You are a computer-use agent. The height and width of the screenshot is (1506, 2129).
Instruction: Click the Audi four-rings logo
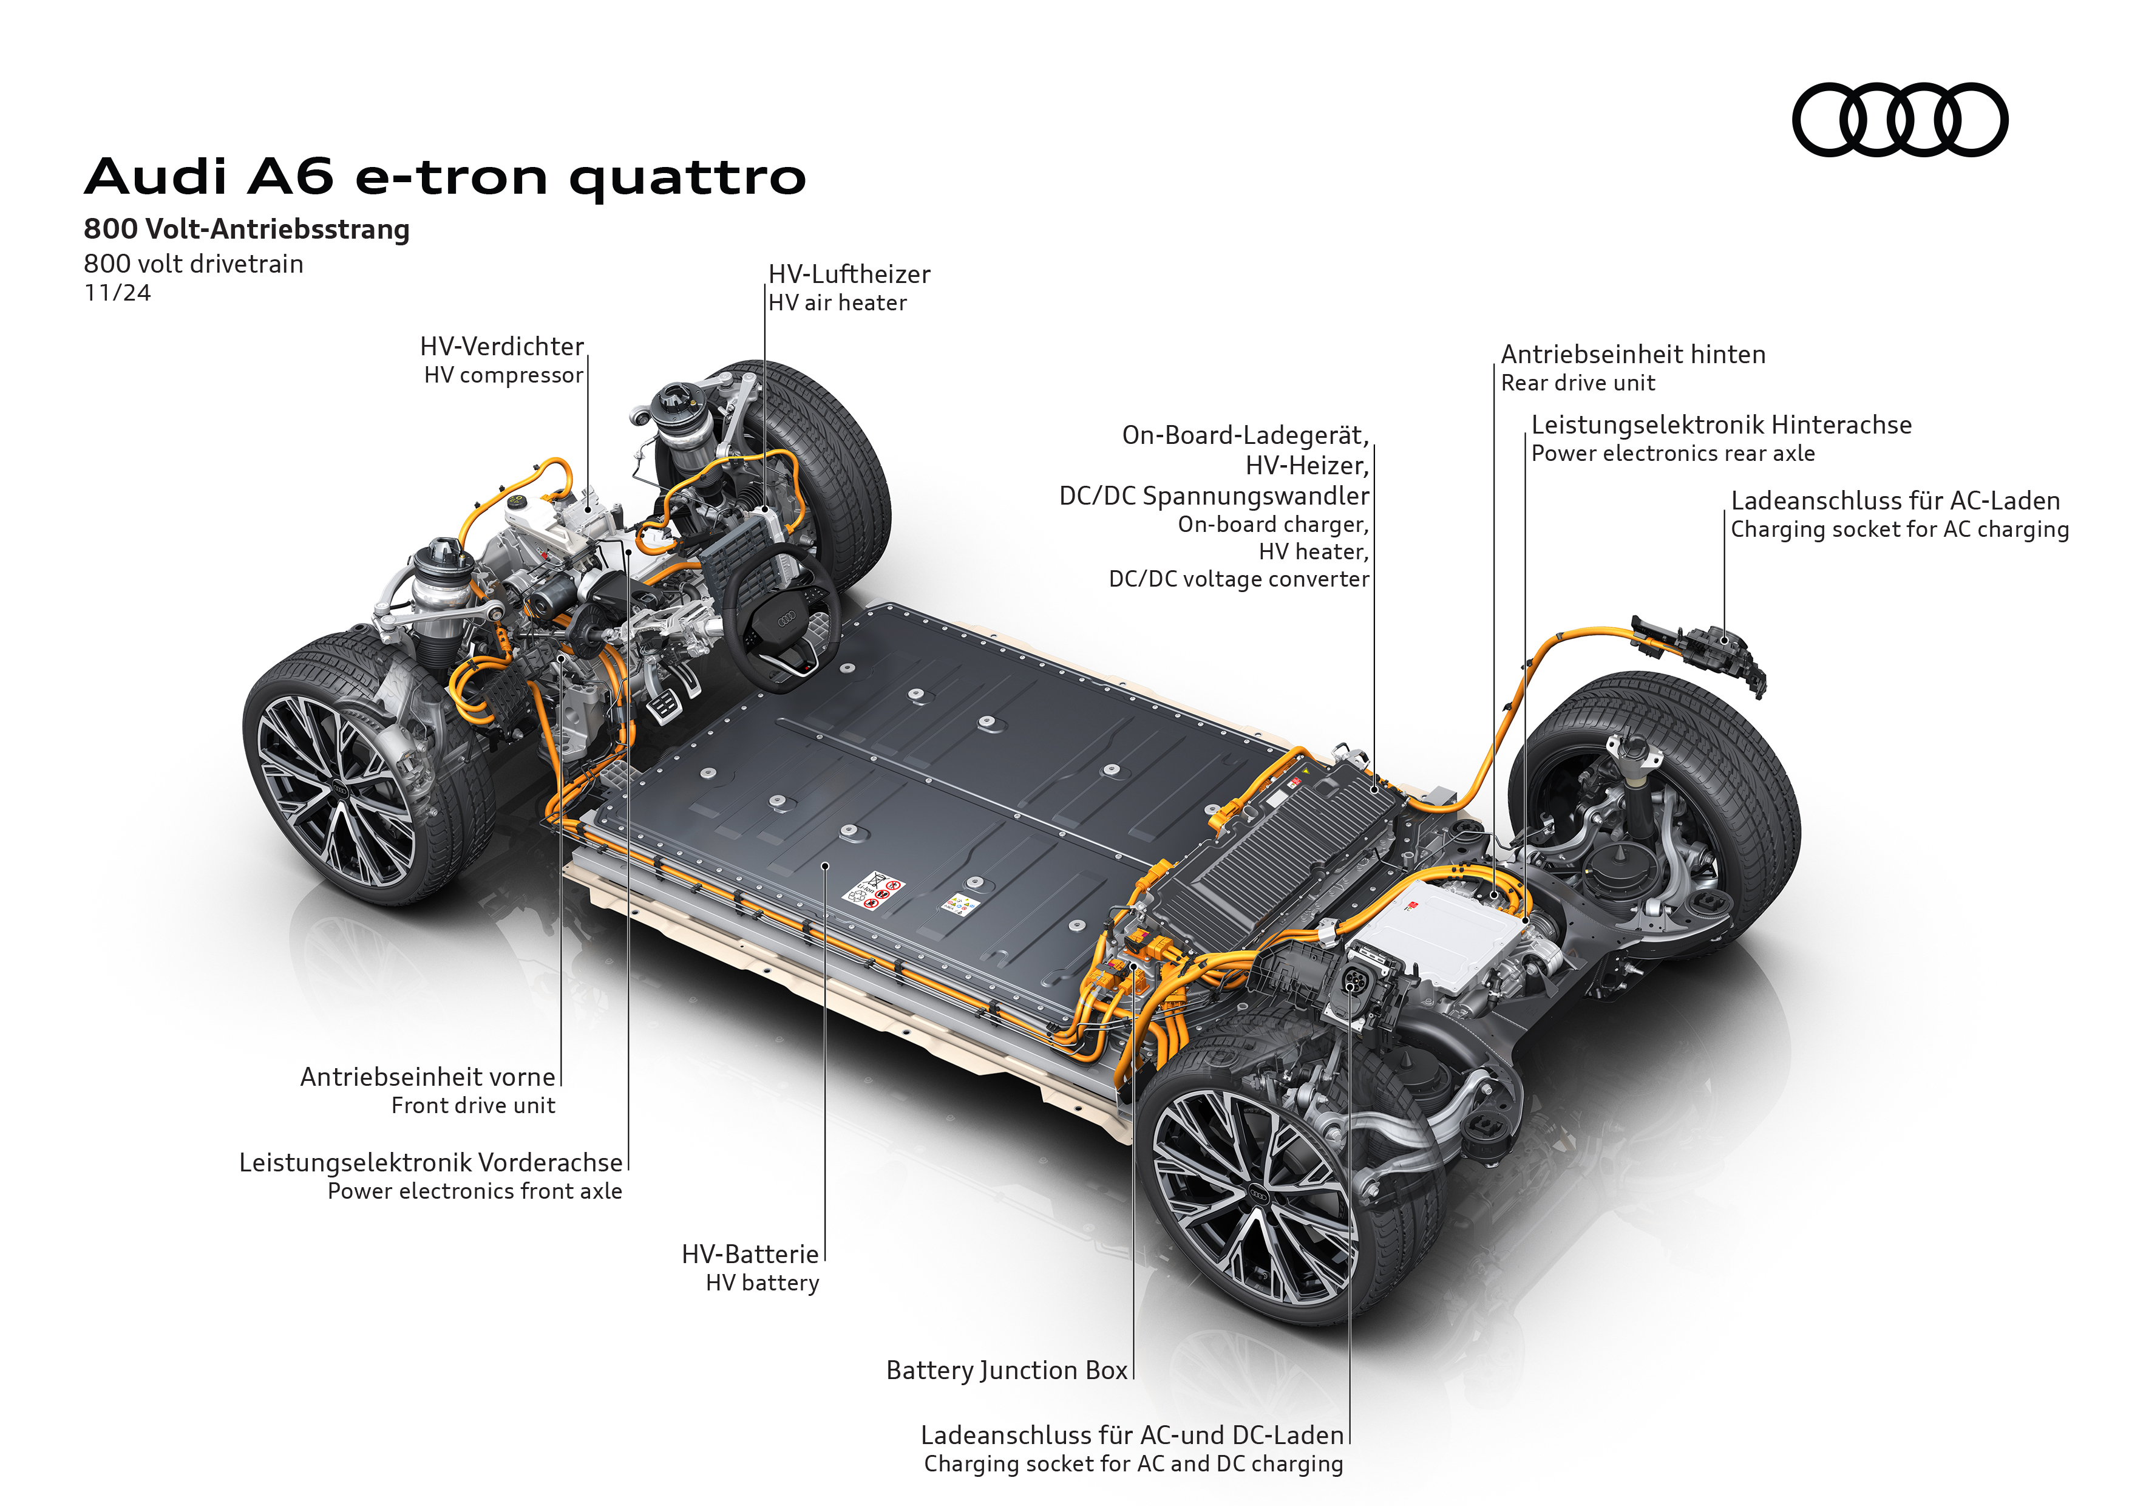pyautogui.click(x=1900, y=120)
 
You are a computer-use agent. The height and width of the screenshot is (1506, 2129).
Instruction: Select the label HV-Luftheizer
pyautogui.click(x=849, y=274)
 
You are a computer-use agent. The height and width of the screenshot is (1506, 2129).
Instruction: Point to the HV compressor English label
pyautogui.click(x=503, y=375)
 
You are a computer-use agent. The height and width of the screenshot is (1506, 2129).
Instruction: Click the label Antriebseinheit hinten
pyautogui.click(x=1633, y=354)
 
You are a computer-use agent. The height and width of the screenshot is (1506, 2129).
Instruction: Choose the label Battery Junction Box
pyautogui.click(x=1007, y=1371)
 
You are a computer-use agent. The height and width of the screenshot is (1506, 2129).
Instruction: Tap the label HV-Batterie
pyautogui.click(x=750, y=1255)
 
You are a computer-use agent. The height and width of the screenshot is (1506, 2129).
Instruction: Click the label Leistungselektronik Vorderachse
pyautogui.click(x=431, y=1163)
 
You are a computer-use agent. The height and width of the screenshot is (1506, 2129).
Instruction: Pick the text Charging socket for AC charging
pyautogui.click(x=1900, y=530)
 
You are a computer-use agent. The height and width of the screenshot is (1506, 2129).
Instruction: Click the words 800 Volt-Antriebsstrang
pyautogui.click(x=246, y=229)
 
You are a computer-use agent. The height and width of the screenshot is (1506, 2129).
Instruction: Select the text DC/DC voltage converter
pyautogui.click(x=1239, y=579)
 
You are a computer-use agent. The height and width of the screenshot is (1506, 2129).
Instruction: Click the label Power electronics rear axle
pyautogui.click(x=1673, y=454)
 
